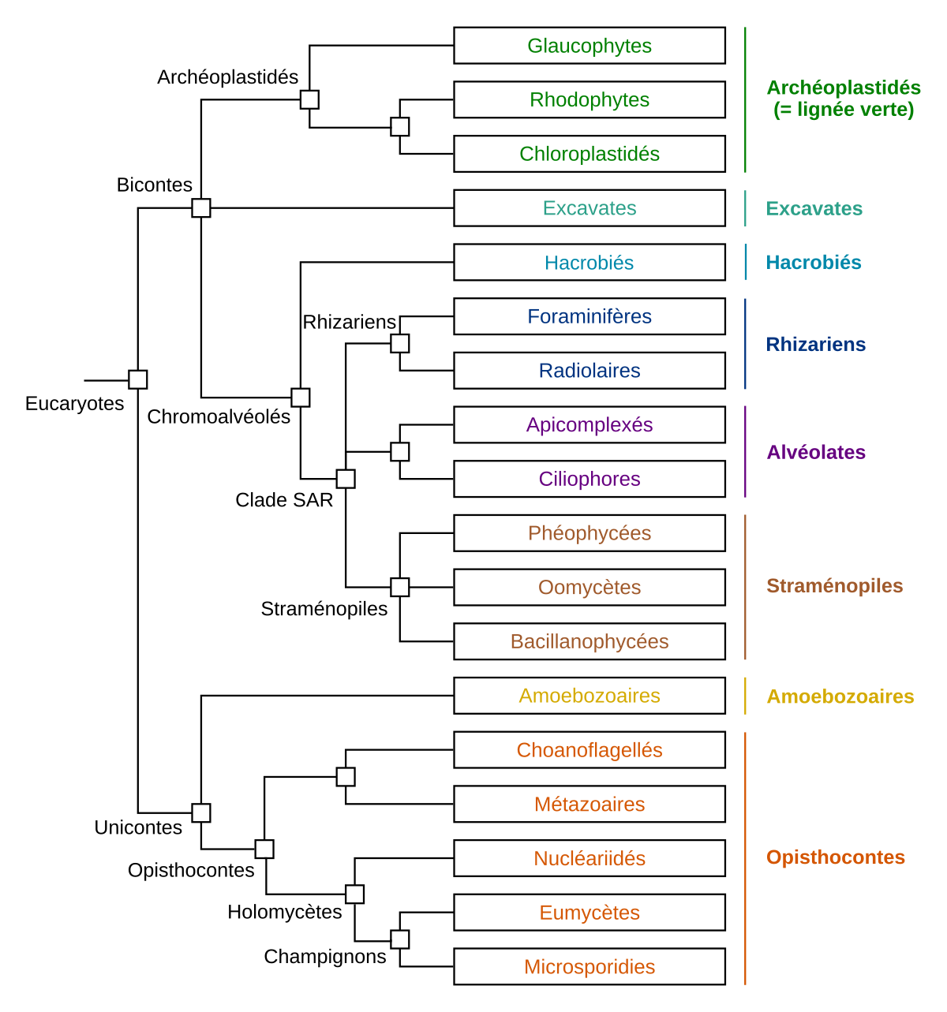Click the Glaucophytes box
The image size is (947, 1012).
[x=589, y=46]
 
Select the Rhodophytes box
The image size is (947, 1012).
[x=589, y=100]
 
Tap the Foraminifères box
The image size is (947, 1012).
[x=589, y=316]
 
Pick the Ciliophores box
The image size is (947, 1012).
[x=589, y=479]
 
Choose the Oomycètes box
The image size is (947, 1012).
[x=589, y=587]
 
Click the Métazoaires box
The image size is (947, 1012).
[x=589, y=804]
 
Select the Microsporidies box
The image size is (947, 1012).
[x=589, y=967]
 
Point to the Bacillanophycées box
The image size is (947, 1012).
[x=589, y=641]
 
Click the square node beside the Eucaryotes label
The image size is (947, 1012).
[x=137, y=379]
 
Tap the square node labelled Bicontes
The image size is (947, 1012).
[x=201, y=208]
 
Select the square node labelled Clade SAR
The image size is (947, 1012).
[x=346, y=479]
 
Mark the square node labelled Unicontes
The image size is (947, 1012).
[x=201, y=812]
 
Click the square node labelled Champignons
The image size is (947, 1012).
[x=400, y=939]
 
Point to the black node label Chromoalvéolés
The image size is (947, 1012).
[x=219, y=416]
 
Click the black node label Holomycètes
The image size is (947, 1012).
[x=285, y=912]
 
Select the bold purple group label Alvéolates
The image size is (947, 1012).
[x=816, y=453]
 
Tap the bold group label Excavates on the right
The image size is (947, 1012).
[x=814, y=208]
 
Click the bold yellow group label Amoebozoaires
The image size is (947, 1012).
[x=840, y=696]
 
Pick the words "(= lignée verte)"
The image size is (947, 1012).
[x=844, y=110]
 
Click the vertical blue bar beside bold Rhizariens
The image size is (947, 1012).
[x=745, y=344]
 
